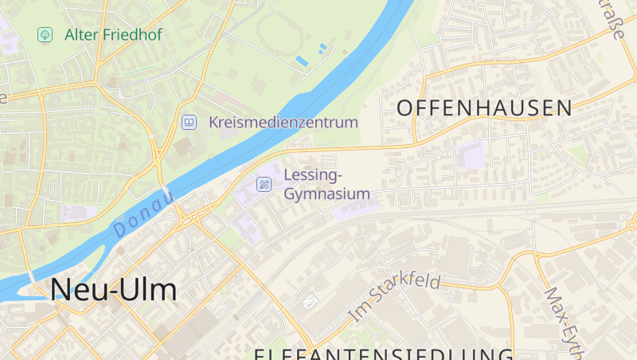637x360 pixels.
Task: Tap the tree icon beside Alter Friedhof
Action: pos(45,35)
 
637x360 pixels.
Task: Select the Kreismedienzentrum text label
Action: pos(283,123)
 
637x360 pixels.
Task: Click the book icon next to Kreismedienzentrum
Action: pos(189,122)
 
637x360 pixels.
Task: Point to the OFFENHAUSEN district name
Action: pos(484,108)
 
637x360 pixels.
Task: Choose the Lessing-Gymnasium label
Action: pos(326,184)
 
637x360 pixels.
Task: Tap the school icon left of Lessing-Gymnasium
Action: pos(264,185)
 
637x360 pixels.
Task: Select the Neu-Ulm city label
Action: pos(113,290)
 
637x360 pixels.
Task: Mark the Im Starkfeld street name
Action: pos(395,297)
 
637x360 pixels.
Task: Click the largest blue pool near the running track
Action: pos(303,61)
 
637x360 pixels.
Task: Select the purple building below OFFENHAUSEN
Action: pos(470,155)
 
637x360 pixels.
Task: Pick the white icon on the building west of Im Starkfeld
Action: pos(311,300)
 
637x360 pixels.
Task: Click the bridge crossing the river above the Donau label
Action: pos(167,194)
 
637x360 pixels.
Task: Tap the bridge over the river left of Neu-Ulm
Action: pos(32,278)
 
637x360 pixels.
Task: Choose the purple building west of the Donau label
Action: pos(78,213)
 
